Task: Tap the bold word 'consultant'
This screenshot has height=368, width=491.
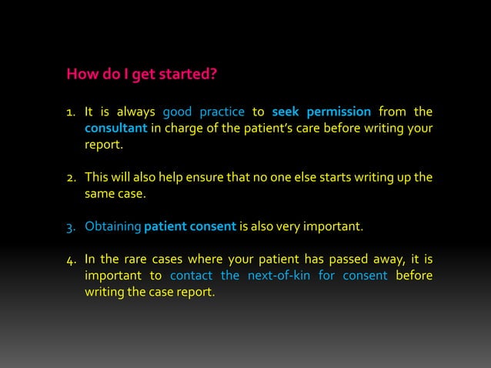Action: click(115, 128)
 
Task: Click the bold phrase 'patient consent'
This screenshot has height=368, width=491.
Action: click(190, 228)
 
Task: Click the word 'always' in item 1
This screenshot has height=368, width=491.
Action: click(135, 113)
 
